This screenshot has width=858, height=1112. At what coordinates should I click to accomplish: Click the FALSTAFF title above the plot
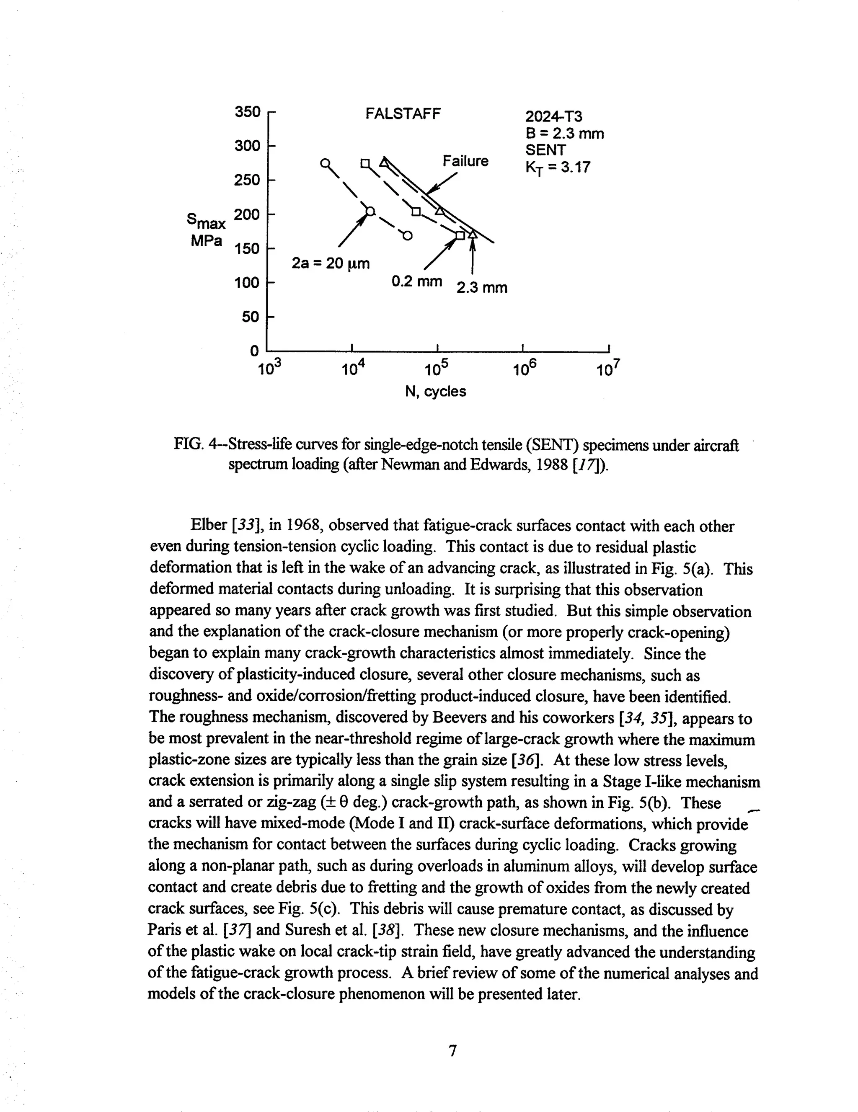pos(403,114)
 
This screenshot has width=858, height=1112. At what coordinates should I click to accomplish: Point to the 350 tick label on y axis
pos(248,111)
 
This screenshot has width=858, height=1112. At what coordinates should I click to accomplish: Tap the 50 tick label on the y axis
pos(251,317)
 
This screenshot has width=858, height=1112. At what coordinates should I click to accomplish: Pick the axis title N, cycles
pos(435,392)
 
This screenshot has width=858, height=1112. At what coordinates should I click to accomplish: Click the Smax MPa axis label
pos(206,230)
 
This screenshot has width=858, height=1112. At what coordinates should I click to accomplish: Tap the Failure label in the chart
pos(465,161)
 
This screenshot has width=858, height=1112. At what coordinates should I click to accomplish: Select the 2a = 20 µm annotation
pos(331,264)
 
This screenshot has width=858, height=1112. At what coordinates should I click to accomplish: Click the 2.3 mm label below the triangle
pos(482,288)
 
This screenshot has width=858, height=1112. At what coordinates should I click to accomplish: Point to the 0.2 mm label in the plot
pos(416,281)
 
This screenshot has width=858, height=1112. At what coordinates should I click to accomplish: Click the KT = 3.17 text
pos(558,168)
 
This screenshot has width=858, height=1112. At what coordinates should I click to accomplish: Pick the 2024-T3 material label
pos(553,117)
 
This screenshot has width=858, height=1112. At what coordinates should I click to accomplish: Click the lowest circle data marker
pos(407,235)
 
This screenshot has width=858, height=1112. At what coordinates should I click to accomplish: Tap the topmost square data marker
pos(365,163)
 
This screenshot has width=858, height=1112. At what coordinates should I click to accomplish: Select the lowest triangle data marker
pos(473,234)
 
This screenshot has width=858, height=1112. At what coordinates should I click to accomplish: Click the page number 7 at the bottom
pos(452,1050)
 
